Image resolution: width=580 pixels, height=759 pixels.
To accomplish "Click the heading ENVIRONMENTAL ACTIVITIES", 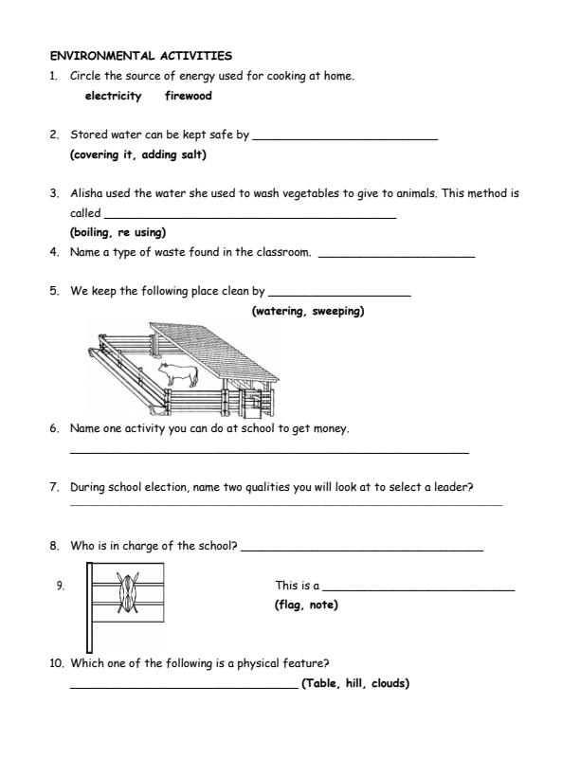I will point(140,56).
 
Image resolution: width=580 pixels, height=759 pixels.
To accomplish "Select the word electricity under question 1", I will point(113,96).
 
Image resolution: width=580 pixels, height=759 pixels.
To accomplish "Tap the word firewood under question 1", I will point(188,96).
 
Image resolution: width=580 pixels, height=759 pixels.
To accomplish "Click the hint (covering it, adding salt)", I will point(137,154).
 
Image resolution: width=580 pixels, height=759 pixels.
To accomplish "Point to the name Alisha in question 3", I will point(86,193).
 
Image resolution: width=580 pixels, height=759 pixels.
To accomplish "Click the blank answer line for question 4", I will point(397,256).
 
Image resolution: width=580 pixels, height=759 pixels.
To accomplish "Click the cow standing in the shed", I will point(177,374).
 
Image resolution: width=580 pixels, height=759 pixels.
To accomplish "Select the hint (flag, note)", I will point(305,605).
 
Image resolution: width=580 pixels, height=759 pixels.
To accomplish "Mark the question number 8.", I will point(54,546).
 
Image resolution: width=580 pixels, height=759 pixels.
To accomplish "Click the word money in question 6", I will point(333,428).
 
